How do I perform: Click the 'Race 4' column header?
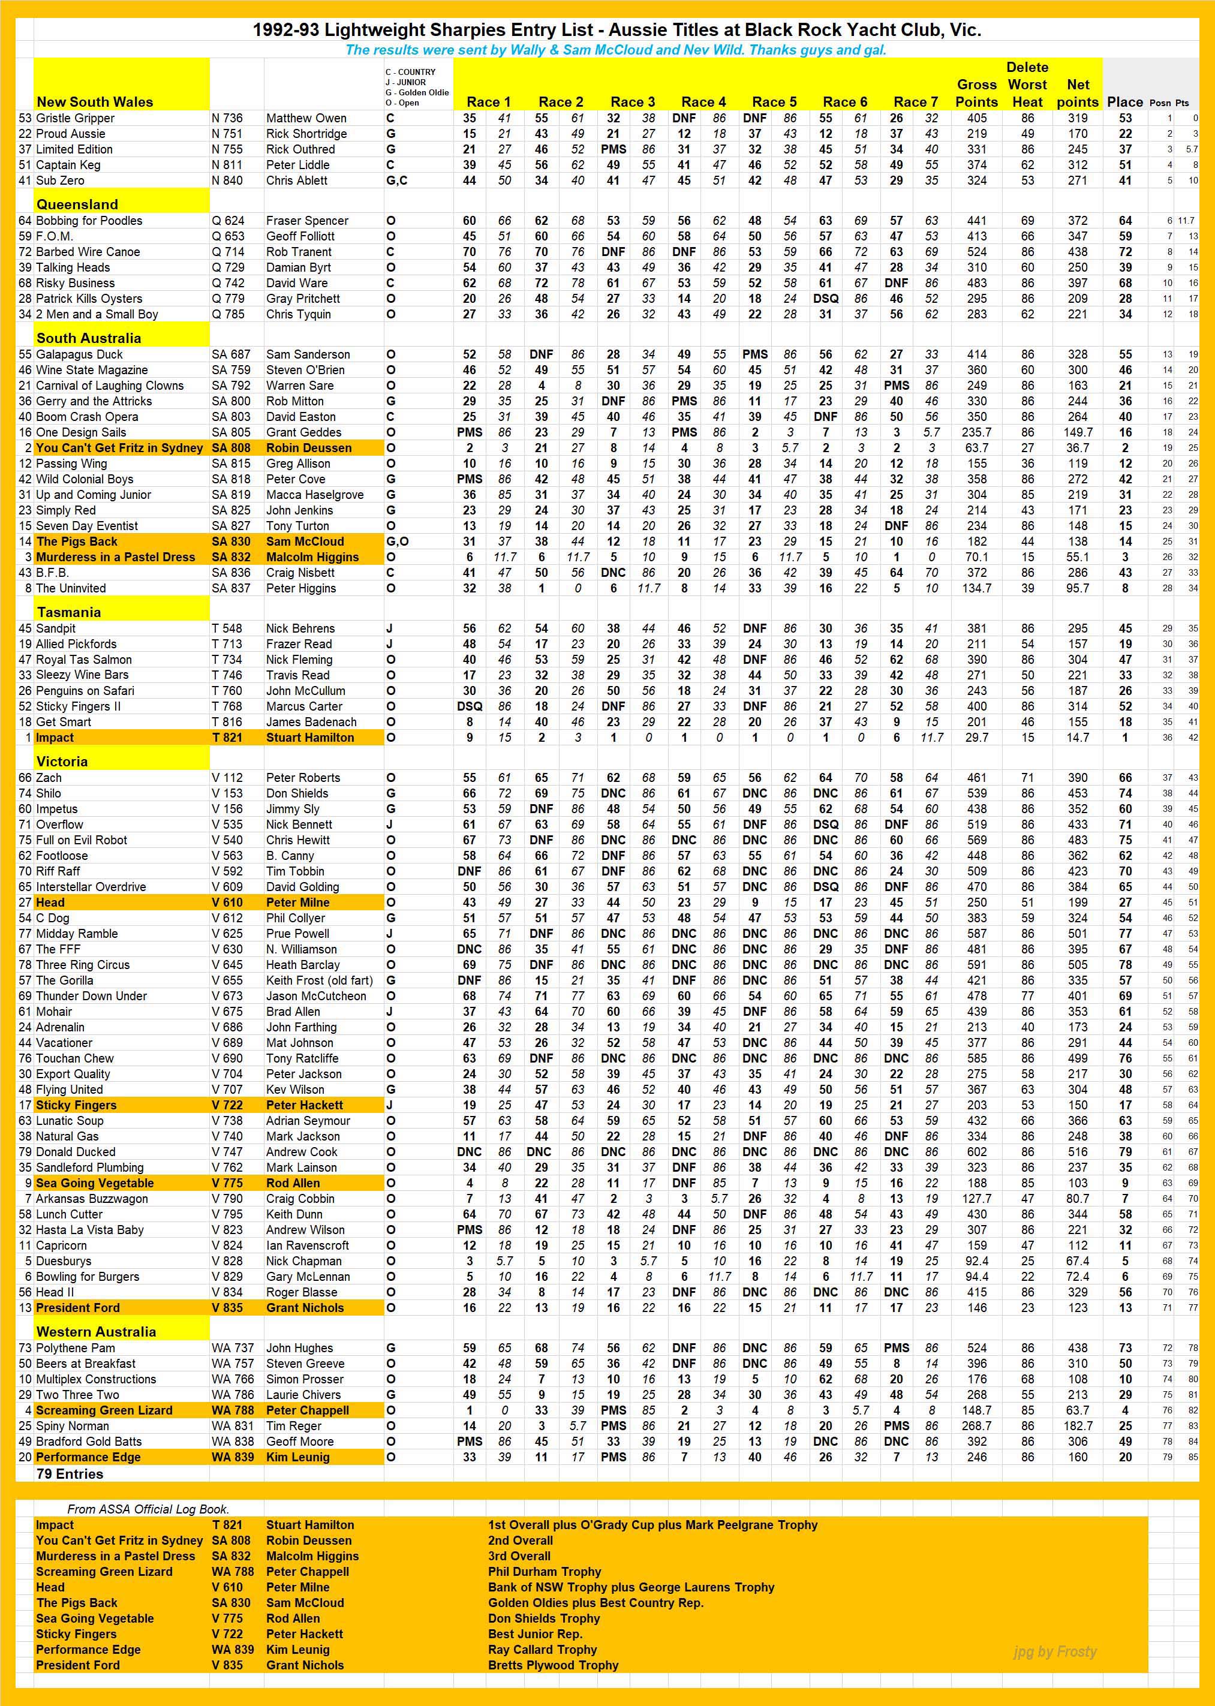point(702,102)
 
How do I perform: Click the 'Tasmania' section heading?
point(69,612)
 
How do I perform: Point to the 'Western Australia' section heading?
point(96,1331)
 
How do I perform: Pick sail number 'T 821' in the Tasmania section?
point(227,738)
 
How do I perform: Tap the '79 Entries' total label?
point(70,1473)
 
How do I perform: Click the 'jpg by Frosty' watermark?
point(1055,1651)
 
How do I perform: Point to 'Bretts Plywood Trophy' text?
point(553,1665)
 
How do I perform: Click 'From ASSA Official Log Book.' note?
point(148,1509)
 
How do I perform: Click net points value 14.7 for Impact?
point(1077,738)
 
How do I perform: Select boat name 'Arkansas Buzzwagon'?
point(92,1198)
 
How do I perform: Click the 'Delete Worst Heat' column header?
point(1027,85)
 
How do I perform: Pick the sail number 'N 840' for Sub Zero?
point(227,180)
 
